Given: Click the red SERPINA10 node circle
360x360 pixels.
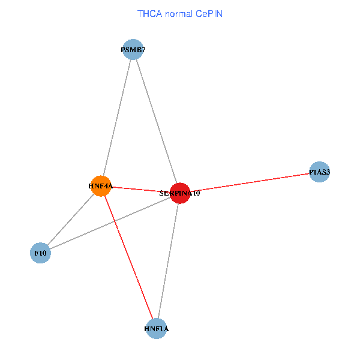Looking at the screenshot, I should pyautogui.click(x=180, y=193).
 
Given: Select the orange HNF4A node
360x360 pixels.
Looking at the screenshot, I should pyautogui.click(x=101, y=186).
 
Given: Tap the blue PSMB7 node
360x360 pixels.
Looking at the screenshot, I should pyautogui.click(x=132, y=49).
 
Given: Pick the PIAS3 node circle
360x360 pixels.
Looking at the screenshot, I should pyautogui.click(x=319, y=172).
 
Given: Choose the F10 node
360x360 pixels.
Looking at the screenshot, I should pyautogui.click(x=40, y=253).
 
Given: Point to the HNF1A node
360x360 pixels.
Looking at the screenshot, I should pyautogui.click(x=157, y=328).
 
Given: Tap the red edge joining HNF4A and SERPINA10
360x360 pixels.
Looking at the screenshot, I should pyautogui.click(x=140, y=190).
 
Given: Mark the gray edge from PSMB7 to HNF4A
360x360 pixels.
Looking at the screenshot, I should pyautogui.click(x=116, y=118).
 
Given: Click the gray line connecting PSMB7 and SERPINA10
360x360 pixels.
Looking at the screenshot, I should pyautogui.click(x=156, y=121).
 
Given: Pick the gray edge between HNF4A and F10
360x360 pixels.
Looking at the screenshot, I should pyautogui.click(x=71, y=220).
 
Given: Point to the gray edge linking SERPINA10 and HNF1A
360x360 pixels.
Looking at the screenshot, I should pyautogui.click(x=168, y=260).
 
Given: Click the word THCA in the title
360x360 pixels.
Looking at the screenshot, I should pyautogui.click(x=149, y=13).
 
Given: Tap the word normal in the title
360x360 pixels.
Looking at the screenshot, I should pyautogui.click(x=178, y=13).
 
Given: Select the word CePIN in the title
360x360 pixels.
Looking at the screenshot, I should pyautogui.click(x=209, y=13).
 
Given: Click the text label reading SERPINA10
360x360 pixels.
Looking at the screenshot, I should pyautogui.click(x=179, y=194).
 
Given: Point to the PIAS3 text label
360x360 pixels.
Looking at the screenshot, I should pyautogui.click(x=319, y=173).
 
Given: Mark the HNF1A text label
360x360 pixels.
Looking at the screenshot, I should pyautogui.click(x=157, y=329).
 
